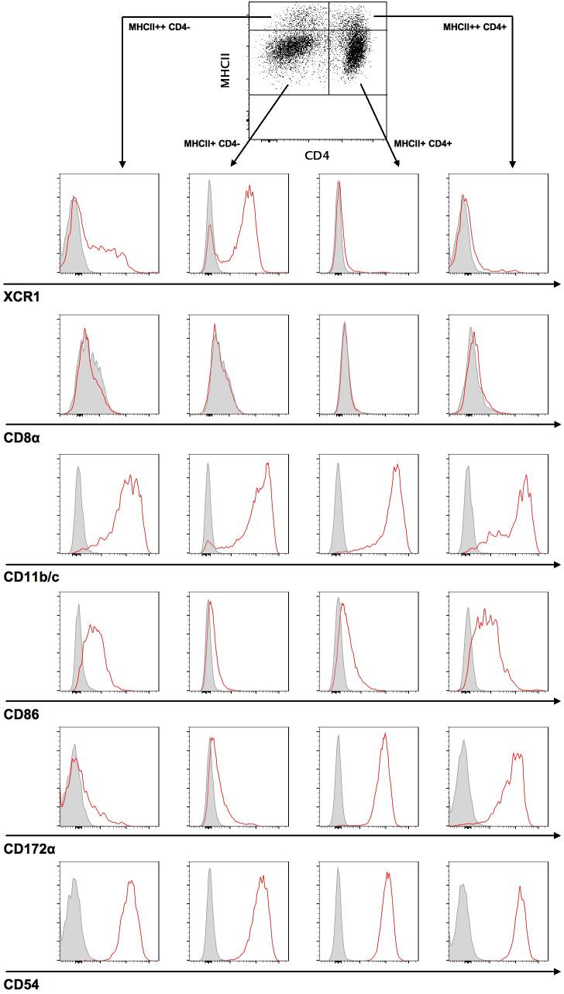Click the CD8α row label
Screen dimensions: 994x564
click(x=21, y=439)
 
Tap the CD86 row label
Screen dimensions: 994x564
click(x=21, y=715)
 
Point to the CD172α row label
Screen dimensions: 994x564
click(x=29, y=849)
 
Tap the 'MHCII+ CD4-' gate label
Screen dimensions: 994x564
click(x=211, y=144)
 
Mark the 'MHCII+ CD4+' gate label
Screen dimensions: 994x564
click(x=423, y=144)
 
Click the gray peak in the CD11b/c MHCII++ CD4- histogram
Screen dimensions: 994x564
click(x=77, y=469)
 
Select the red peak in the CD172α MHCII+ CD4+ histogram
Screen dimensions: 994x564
click(x=384, y=734)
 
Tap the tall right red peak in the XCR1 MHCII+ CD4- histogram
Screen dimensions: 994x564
click(x=250, y=187)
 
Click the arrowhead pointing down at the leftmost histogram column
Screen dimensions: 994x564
click(x=121, y=164)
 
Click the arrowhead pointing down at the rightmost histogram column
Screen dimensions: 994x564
click(x=511, y=164)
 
